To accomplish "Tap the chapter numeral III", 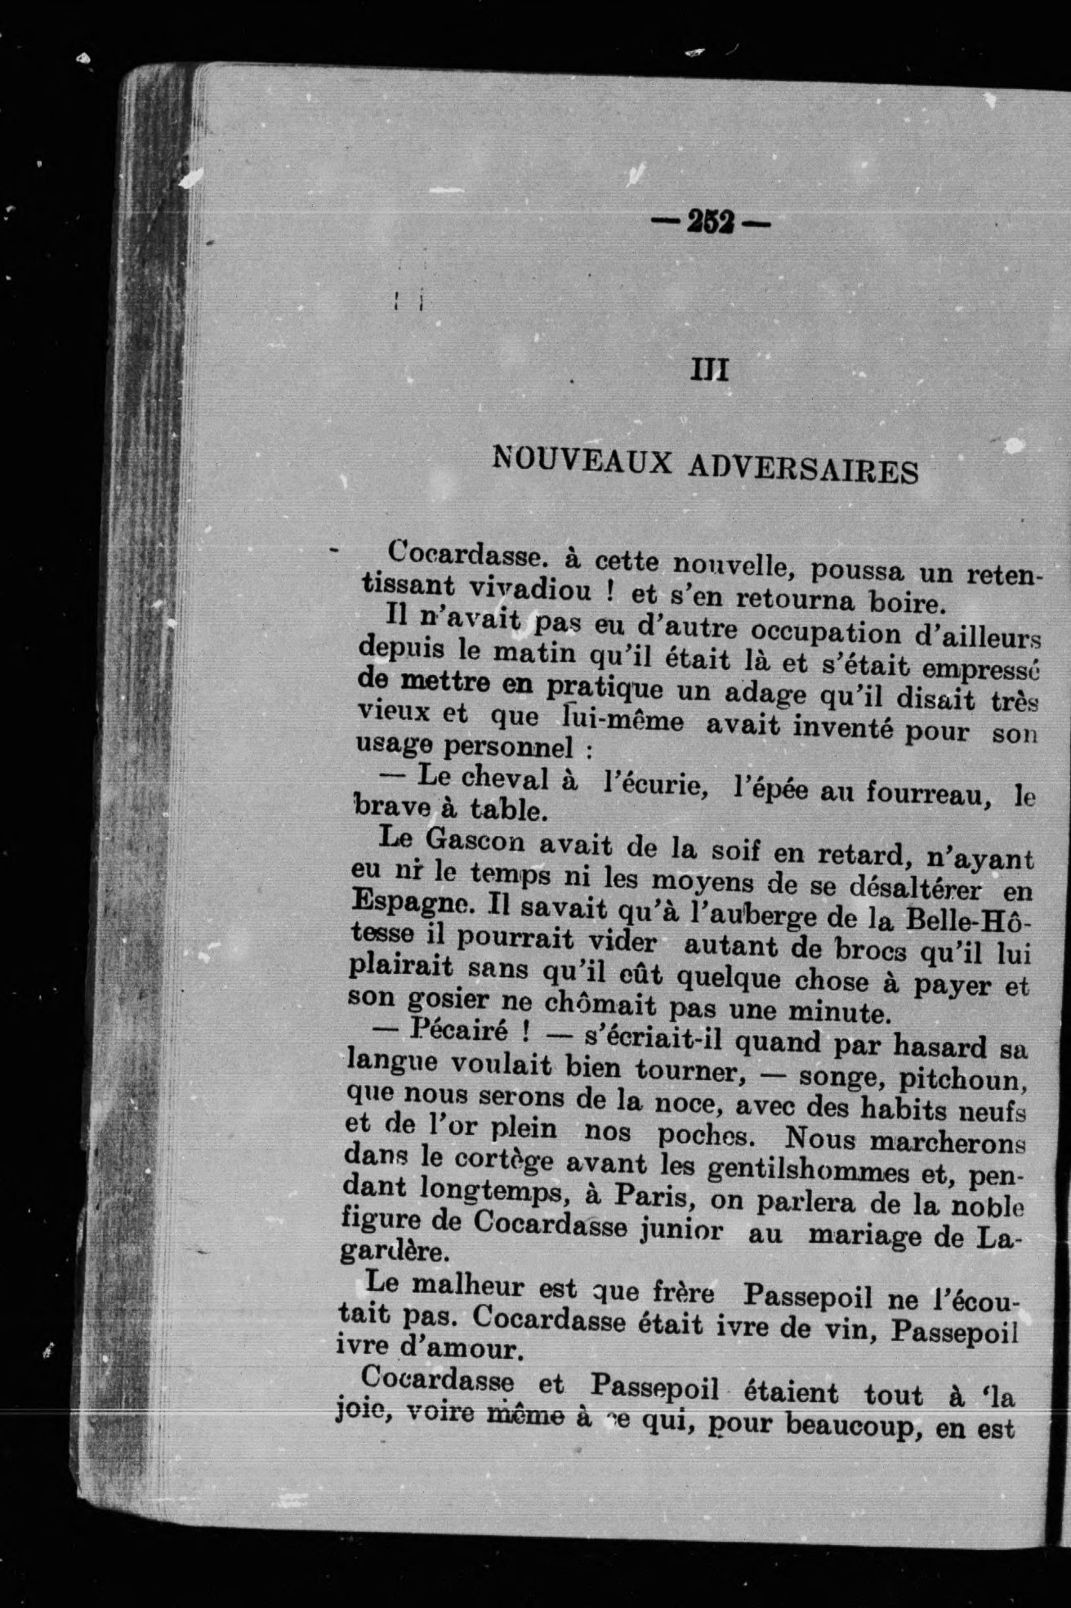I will coord(709,371).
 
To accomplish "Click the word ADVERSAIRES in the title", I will coord(802,468).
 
